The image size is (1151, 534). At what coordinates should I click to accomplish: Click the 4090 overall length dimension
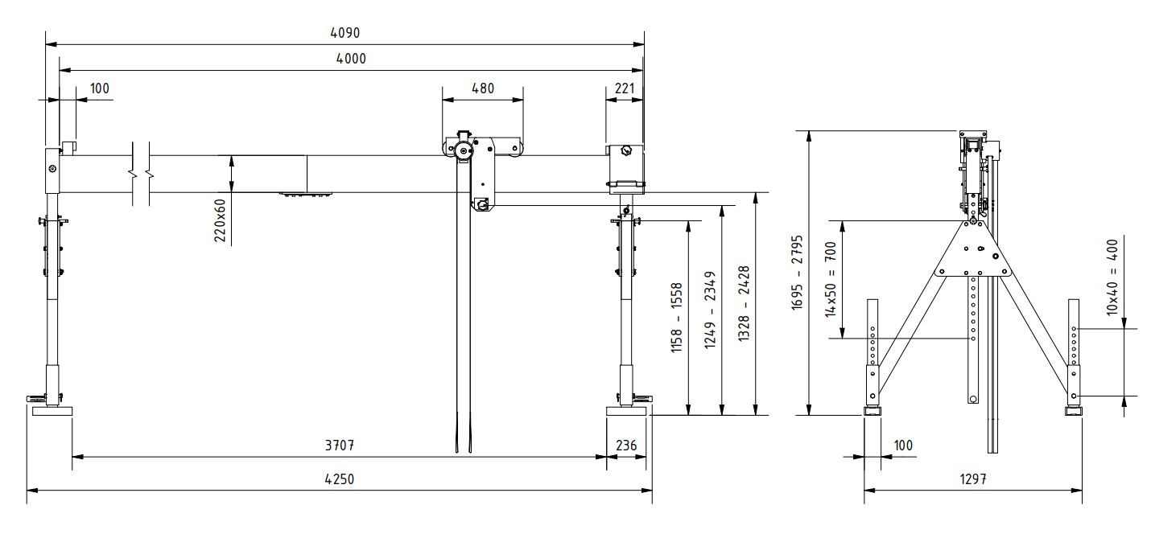click(x=344, y=33)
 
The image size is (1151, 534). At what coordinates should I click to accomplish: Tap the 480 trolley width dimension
click(x=482, y=88)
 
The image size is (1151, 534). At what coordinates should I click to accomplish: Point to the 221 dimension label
click(x=625, y=88)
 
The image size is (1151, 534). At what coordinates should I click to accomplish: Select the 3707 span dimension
click(x=339, y=445)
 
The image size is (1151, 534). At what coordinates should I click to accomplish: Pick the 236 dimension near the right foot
click(x=625, y=445)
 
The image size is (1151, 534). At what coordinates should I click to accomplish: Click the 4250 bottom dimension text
click(x=339, y=479)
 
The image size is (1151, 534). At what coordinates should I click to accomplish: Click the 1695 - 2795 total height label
click(x=797, y=273)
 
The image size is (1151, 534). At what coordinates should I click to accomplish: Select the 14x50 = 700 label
click(x=831, y=279)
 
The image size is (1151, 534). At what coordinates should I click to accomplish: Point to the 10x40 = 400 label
click(x=1112, y=276)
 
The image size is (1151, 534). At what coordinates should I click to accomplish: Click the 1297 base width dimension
click(x=972, y=479)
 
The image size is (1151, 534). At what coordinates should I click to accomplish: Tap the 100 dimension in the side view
click(x=903, y=445)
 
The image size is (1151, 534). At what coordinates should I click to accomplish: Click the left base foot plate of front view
click(x=52, y=411)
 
